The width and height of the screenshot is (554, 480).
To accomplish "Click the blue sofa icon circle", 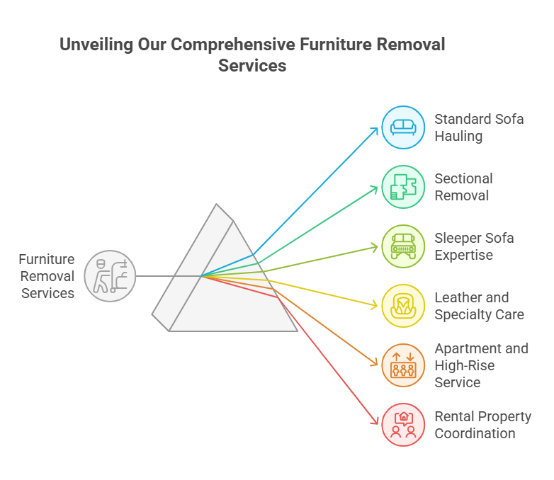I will [x=403, y=127].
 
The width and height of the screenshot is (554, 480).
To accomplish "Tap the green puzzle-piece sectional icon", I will [x=403, y=187].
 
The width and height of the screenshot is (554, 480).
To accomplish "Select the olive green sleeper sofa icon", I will [x=403, y=246].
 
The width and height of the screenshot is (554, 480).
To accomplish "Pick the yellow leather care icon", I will [x=403, y=306].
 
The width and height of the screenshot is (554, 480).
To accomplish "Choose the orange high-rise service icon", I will [x=403, y=365].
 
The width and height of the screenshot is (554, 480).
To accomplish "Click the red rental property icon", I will [x=403, y=425].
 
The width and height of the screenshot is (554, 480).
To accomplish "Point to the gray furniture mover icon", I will [x=110, y=275].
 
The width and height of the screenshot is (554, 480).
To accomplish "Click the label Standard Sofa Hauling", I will [x=479, y=127].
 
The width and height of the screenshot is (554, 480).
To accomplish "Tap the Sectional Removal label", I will [x=464, y=187].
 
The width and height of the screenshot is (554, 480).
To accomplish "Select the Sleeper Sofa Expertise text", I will [x=474, y=246].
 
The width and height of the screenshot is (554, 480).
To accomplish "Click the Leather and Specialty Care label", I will [x=479, y=306].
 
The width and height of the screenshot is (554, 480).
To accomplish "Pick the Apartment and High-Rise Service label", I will [x=481, y=365].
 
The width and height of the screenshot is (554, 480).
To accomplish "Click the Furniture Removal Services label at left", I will [x=47, y=276].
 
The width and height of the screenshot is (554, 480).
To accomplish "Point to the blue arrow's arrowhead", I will [x=375, y=130].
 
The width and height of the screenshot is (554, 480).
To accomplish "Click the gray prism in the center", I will [x=227, y=283].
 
